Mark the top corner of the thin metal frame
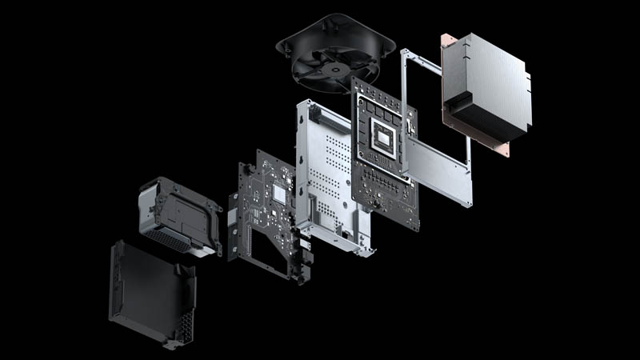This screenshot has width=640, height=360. click(405, 51)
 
